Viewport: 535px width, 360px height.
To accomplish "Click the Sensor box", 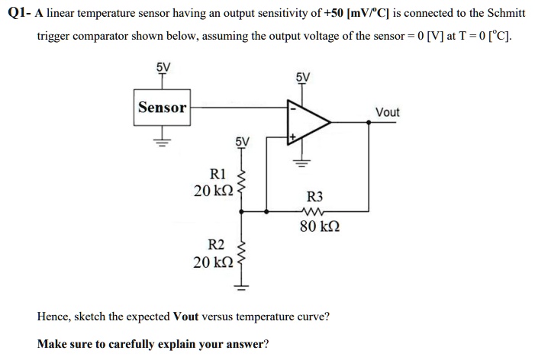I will pos(162,107).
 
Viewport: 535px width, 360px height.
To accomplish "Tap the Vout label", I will pos(388,112).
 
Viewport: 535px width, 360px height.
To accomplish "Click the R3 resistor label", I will pos(314,195).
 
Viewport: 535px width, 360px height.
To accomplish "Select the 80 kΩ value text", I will pos(314,227).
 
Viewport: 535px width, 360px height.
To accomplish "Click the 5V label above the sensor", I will pos(163,66).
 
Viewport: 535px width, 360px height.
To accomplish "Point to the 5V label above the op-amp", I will pos(302,77).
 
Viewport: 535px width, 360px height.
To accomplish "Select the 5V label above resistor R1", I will pos(242,141).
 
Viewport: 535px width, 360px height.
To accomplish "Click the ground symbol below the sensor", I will pos(162,141).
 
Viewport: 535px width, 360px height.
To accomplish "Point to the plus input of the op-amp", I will pos(292,138).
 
